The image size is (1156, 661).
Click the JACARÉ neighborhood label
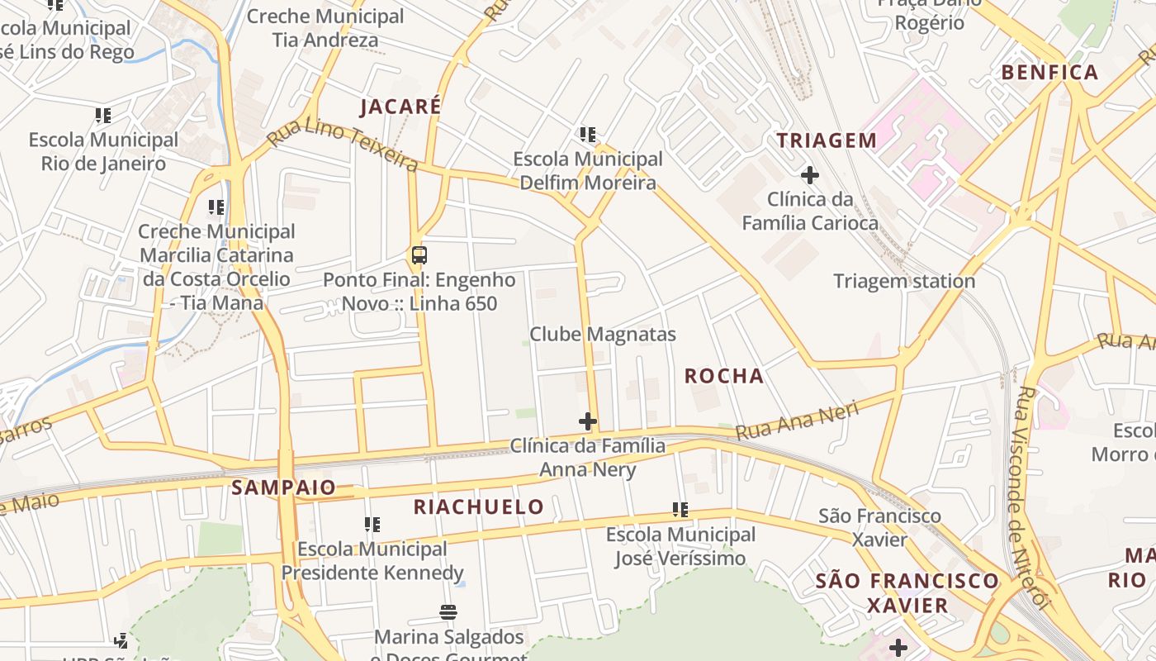click(x=400, y=107)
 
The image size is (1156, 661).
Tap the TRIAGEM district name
click(x=827, y=140)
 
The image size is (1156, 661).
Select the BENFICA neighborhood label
click(x=1049, y=73)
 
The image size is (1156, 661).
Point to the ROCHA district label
click(x=724, y=376)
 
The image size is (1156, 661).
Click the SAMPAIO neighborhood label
click(x=284, y=487)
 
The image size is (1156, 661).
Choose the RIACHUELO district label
click(x=479, y=507)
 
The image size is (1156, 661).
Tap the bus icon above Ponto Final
click(x=419, y=255)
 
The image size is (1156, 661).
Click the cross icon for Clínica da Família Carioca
click(x=809, y=175)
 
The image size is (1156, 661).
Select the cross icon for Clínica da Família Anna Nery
click(x=588, y=422)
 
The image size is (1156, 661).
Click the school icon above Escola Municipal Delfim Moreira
click(x=588, y=134)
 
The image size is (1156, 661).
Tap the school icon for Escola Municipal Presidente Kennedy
click(x=372, y=525)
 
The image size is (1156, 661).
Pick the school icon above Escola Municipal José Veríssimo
click(x=680, y=511)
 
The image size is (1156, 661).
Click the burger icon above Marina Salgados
click(x=449, y=612)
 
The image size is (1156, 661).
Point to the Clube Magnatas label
click(x=603, y=335)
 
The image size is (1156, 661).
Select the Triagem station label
click(x=904, y=281)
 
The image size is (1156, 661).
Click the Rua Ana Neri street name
click(x=797, y=420)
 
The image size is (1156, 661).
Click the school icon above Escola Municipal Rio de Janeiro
click(x=103, y=116)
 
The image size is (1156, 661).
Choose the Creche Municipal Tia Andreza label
click(x=325, y=28)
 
